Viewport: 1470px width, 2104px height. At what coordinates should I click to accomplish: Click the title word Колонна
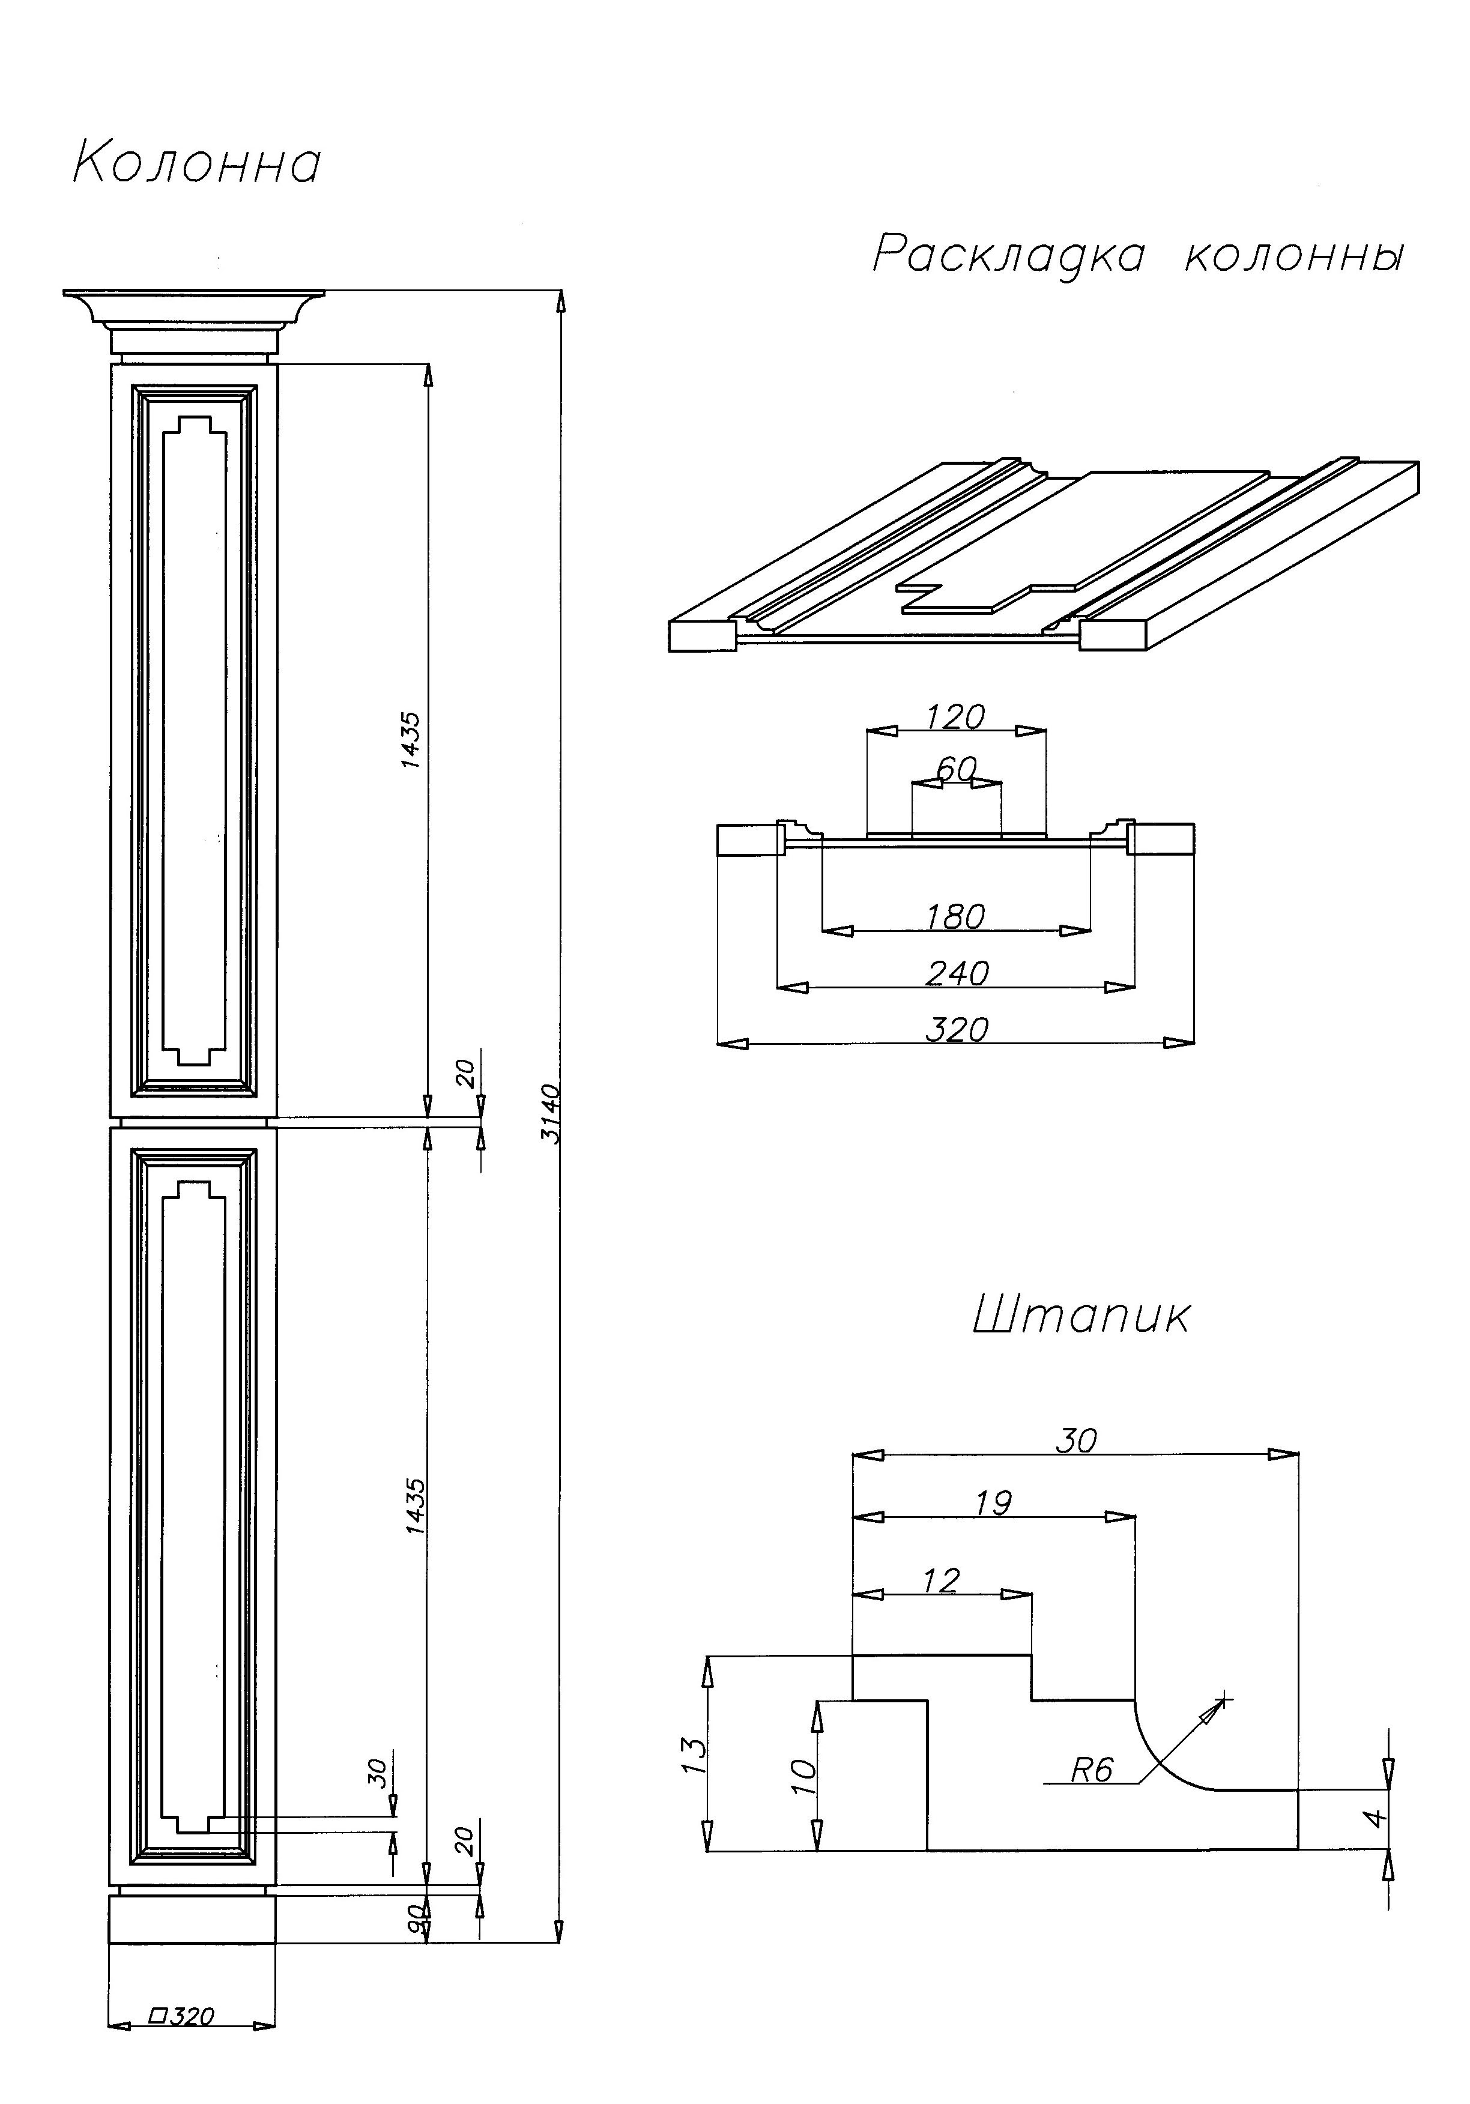tap(196, 164)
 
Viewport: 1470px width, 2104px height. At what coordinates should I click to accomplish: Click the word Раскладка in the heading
tap(1008, 254)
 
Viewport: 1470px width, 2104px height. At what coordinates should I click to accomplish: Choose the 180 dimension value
tap(955, 916)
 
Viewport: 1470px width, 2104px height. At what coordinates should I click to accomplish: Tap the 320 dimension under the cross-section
tap(957, 1029)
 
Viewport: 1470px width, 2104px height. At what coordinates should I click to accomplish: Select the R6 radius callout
tap(1092, 1770)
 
